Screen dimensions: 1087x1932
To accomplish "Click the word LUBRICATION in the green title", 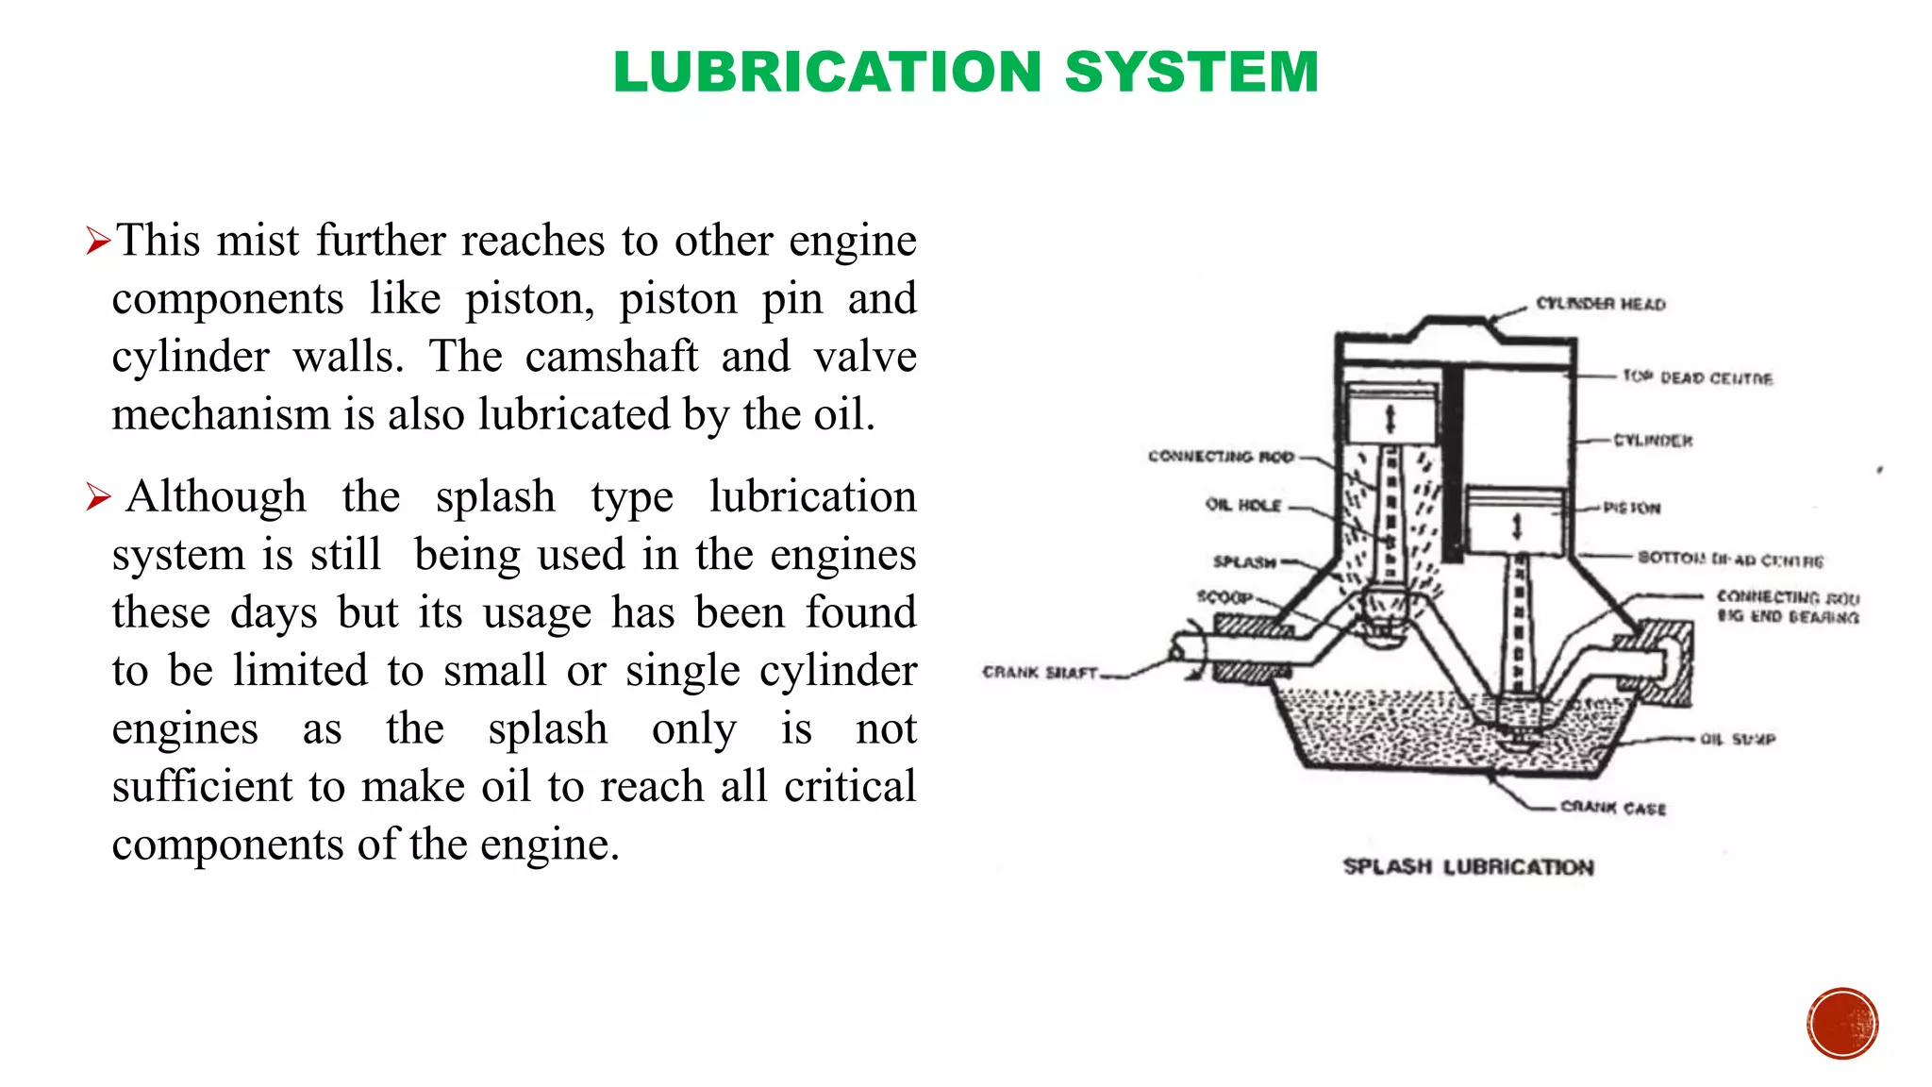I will click(x=826, y=72).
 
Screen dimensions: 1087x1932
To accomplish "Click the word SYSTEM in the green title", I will click(x=1191, y=72).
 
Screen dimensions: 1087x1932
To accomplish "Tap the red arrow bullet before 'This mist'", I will click(x=98, y=242).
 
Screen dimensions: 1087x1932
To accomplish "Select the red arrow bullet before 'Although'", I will click(x=98, y=496).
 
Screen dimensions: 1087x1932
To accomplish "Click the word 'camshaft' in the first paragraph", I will click(x=611, y=357).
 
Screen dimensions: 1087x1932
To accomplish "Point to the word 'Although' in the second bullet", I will click(x=216, y=496).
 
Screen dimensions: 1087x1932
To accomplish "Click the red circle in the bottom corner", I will click(x=1842, y=1024).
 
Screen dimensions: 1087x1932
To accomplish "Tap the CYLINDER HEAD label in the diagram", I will click(x=1601, y=304).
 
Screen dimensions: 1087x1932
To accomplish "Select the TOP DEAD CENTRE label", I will click(x=1697, y=377).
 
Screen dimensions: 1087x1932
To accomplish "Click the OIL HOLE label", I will click(x=1243, y=505).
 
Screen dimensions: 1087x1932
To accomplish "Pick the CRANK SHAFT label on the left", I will click(x=1041, y=673).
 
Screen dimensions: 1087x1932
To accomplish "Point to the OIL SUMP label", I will click(x=1738, y=739).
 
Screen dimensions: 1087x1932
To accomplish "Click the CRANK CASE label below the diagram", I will click(x=1613, y=808).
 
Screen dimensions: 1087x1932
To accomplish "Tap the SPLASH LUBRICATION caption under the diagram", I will click(x=1468, y=866).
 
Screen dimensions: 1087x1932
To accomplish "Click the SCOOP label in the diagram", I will click(x=1224, y=596).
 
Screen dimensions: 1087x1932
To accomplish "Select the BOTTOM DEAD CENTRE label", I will click(x=1730, y=560).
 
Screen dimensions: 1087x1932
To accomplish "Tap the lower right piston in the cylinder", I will click(x=1516, y=521).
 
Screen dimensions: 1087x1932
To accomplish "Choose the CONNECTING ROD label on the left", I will click(x=1221, y=457).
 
